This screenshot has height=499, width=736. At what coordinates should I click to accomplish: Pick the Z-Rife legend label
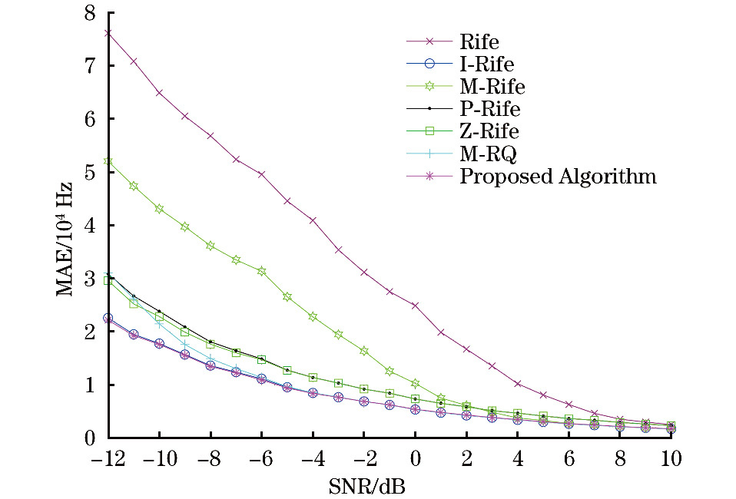[x=489, y=131]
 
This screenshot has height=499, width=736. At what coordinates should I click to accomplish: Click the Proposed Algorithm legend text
[x=558, y=177]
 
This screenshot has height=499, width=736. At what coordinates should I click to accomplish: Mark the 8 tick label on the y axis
[x=91, y=13]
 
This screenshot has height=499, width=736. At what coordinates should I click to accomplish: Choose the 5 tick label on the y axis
[x=91, y=173]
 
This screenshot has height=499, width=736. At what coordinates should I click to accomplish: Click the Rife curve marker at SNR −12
[x=108, y=33]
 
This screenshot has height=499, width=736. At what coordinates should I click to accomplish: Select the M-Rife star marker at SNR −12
[x=108, y=161]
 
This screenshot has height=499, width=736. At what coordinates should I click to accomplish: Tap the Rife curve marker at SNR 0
[x=415, y=306]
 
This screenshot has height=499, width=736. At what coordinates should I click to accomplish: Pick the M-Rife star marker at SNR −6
[x=261, y=271]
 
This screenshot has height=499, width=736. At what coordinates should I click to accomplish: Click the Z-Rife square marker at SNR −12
[x=108, y=281]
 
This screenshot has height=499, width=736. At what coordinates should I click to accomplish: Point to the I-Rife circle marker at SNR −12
[x=108, y=318]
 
